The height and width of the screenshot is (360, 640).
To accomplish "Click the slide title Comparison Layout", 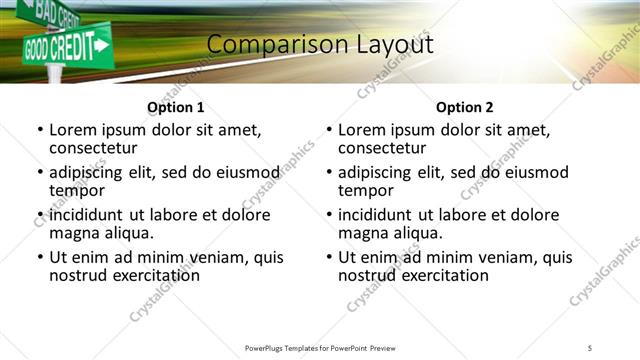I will [x=320, y=45].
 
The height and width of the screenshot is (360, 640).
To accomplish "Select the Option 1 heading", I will [x=175, y=107].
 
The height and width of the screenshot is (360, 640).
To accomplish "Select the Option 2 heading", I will [x=464, y=107].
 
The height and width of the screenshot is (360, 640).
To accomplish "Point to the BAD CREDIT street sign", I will [x=54, y=13].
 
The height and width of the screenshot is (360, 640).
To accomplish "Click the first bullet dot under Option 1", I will [x=40, y=131].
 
